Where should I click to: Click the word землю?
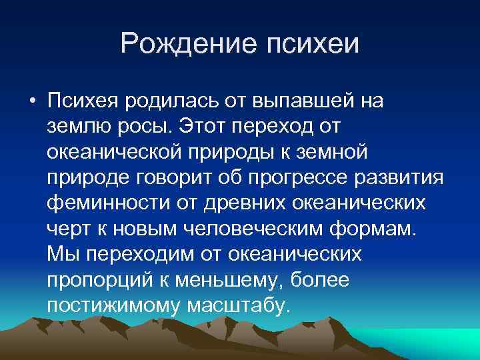(76, 126)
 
